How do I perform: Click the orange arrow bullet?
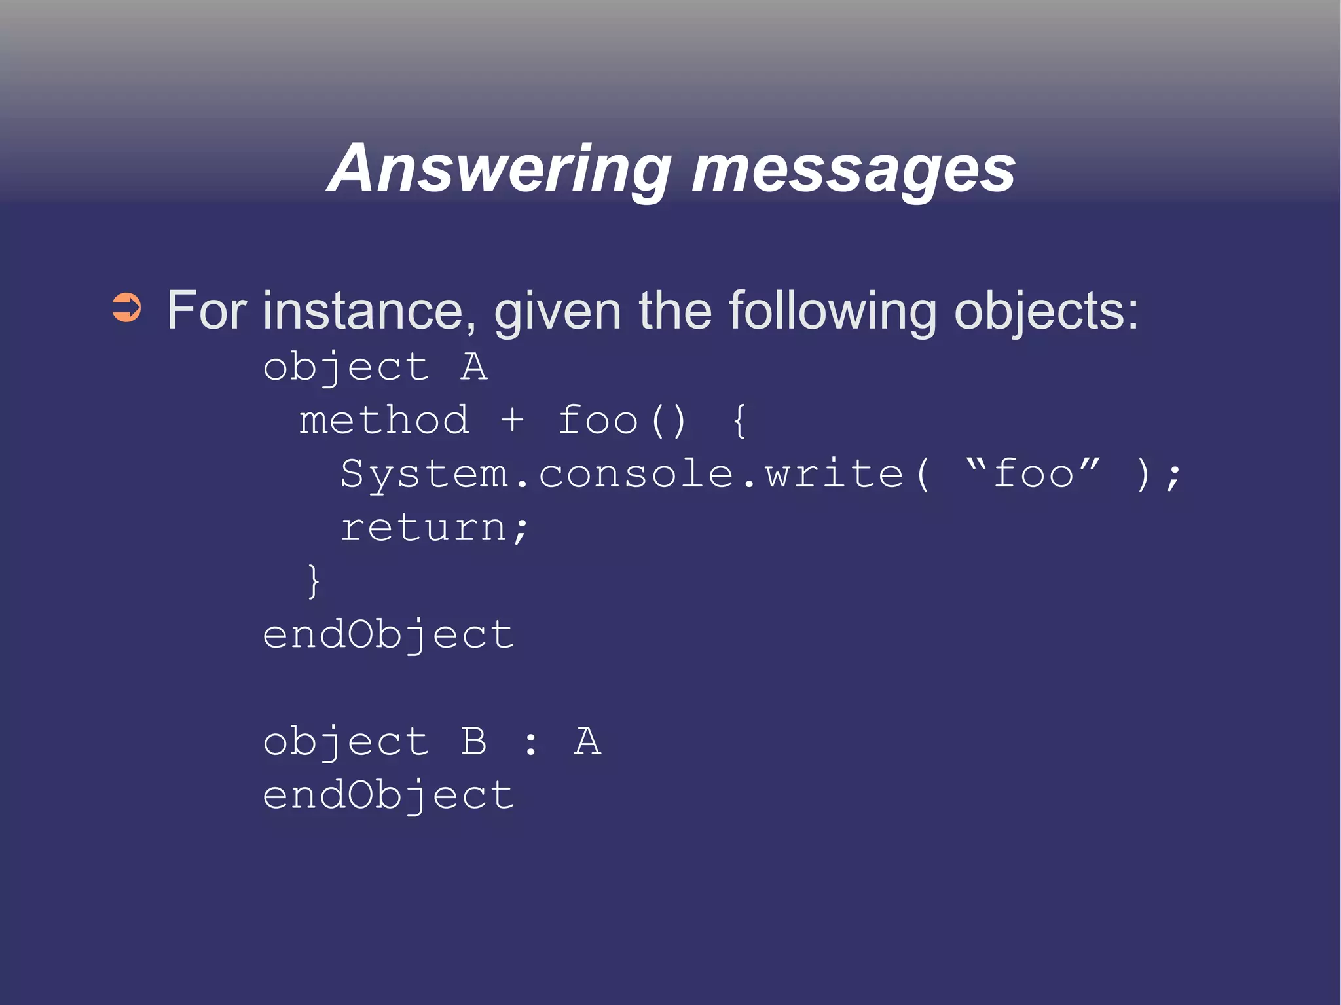coord(126,308)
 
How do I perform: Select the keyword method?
coord(384,420)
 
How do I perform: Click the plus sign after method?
coord(512,420)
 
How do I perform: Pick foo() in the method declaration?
coord(621,420)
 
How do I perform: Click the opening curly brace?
coord(739,421)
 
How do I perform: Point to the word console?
coord(636,473)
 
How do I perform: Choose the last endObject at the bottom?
coord(388,796)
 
